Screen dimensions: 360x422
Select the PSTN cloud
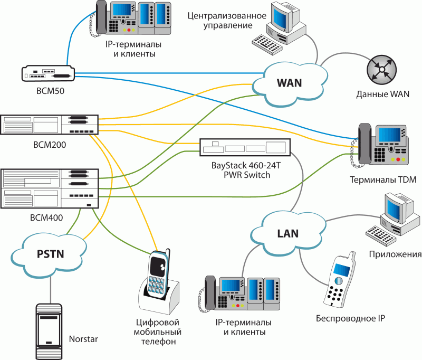50,253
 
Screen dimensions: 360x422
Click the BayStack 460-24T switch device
245,147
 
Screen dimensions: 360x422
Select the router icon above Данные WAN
381,70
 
